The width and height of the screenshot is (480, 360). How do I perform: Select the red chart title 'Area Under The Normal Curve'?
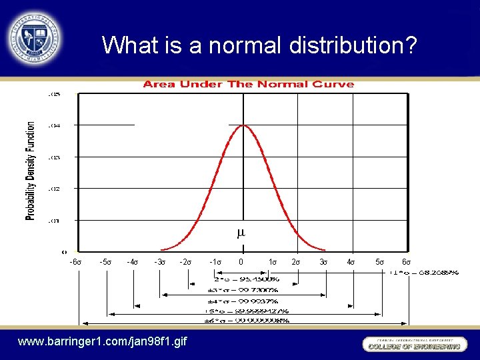click(x=249, y=84)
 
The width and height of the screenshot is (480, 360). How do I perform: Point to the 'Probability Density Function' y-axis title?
click(x=31, y=171)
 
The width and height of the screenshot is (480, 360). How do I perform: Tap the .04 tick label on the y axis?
click(x=54, y=125)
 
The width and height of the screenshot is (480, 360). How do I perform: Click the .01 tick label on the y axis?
click(x=54, y=220)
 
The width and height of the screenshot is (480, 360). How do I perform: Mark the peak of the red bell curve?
click(x=242, y=125)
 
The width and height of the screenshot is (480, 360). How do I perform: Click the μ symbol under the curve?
click(x=241, y=233)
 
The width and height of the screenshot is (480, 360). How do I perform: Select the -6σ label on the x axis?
click(x=75, y=262)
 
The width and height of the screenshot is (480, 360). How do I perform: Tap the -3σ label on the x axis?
click(x=160, y=262)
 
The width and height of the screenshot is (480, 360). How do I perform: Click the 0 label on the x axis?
click(x=241, y=262)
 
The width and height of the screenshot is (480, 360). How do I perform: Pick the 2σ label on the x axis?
click(x=297, y=262)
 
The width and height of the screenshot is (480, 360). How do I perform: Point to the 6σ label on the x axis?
click(x=406, y=262)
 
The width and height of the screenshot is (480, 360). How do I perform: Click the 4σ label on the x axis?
click(x=351, y=262)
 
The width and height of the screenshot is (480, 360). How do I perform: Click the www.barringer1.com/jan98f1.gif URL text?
click(x=103, y=342)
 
